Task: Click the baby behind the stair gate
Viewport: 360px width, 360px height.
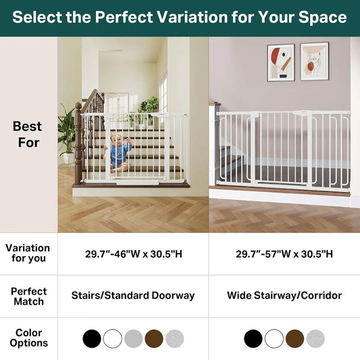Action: (120, 153)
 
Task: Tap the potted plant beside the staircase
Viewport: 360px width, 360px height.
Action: (68, 134)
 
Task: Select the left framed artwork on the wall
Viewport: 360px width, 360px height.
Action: (280, 62)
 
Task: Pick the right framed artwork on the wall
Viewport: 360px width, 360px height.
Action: (314, 61)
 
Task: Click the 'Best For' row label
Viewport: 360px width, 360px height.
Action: (28, 134)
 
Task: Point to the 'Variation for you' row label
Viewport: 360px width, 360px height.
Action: (28, 253)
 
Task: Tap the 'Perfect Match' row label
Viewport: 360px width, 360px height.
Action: (28, 296)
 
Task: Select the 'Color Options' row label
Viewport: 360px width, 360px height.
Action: (28, 338)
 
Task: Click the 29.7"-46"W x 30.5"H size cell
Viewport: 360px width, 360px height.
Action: (133, 254)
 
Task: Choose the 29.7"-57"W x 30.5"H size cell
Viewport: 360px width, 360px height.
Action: (284, 254)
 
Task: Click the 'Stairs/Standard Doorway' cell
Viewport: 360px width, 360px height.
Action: (133, 296)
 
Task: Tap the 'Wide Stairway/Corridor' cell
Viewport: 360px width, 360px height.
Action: (284, 296)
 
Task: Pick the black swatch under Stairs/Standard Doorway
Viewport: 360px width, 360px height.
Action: (92, 338)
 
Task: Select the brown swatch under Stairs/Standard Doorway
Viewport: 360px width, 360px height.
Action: (154, 338)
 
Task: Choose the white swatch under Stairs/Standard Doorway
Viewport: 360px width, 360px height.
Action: (112, 338)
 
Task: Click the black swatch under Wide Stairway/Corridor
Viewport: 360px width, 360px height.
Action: (253, 338)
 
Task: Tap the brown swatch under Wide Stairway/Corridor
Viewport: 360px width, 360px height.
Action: (294, 338)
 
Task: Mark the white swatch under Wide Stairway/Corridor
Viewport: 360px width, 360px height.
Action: (274, 338)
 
